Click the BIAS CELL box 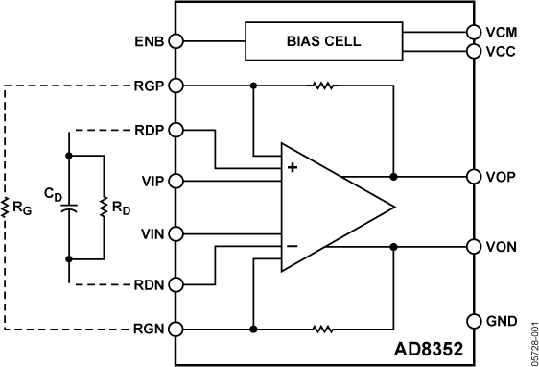click(x=323, y=41)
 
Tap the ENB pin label click(x=152, y=41)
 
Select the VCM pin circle click(x=472, y=32)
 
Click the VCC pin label click(x=500, y=51)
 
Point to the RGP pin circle click(x=176, y=86)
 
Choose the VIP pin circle click(x=176, y=180)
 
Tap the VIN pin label click(x=152, y=232)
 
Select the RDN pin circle click(x=176, y=283)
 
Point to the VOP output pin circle click(x=472, y=177)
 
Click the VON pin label click(x=502, y=246)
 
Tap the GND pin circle click(x=472, y=320)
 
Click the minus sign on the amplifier click(x=292, y=247)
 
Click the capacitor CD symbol click(x=68, y=206)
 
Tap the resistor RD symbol click(x=103, y=206)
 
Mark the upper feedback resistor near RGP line click(x=323, y=86)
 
